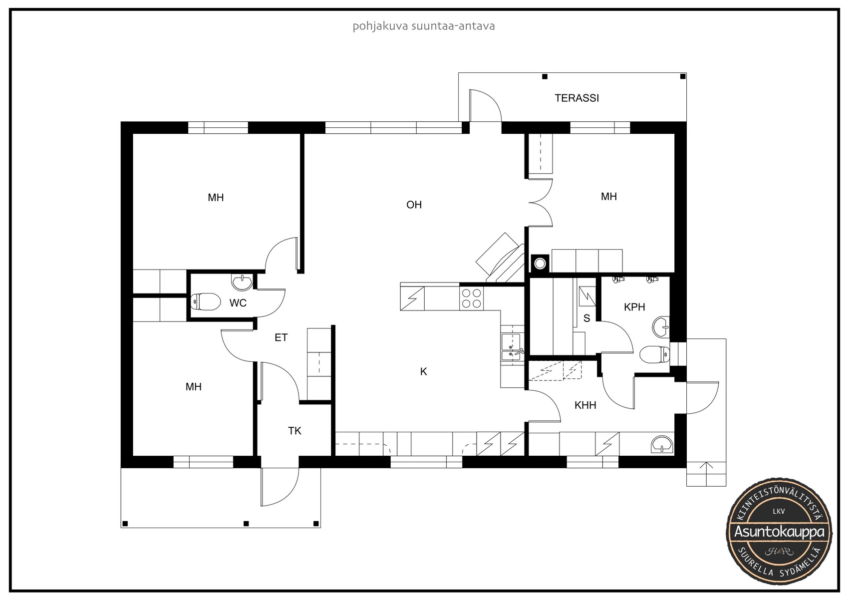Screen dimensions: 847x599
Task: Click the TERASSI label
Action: pos(576,98)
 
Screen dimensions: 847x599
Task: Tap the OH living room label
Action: pos(414,205)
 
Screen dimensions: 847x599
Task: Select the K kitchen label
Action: pos(423,372)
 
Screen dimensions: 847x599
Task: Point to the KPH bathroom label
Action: pos(634,307)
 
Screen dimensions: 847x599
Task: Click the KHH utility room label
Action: pos(585,405)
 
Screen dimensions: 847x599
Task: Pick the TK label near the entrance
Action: pos(294,431)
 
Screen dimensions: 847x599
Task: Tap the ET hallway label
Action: pos(281,337)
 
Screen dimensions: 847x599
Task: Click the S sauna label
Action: pos(586,318)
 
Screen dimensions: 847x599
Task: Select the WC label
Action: pos(238,303)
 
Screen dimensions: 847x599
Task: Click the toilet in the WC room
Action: pos(206,301)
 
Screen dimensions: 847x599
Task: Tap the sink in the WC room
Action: pos(242,283)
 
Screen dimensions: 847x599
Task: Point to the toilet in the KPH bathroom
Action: pos(654,354)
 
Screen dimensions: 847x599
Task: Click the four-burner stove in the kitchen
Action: pos(472,299)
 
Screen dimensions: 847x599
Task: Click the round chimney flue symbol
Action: pos(540,264)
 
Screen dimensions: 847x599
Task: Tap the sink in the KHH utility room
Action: pos(662,444)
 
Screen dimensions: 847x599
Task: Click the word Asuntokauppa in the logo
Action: pos(779,532)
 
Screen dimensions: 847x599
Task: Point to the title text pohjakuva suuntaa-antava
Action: pos(423,26)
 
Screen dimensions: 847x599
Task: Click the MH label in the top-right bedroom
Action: pos(609,197)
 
